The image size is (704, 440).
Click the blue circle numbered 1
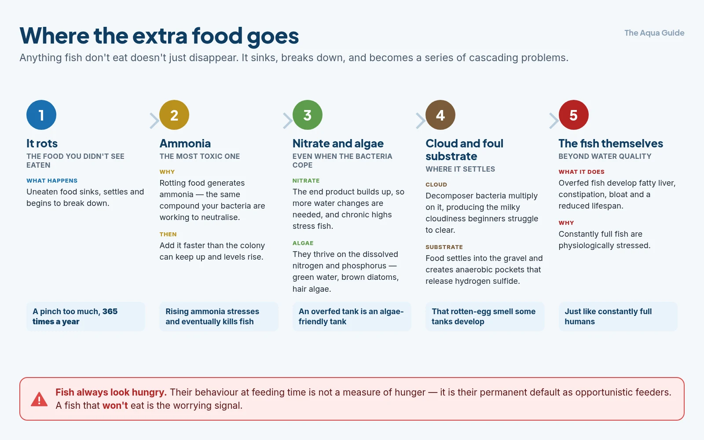(x=41, y=115)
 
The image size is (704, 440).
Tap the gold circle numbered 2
(x=174, y=115)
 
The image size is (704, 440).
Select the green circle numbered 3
(x=308, y=115)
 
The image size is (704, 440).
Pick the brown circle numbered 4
(x=440, y=115)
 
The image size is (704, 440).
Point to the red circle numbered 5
(x=574, y=115)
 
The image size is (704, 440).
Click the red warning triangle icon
(x=39, y=399)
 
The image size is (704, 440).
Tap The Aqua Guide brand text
(x=654, y=33)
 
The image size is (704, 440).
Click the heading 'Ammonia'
(x=185, y=143)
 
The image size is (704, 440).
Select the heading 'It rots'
(x=42, y=143)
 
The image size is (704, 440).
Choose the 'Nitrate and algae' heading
(x=338, y=143)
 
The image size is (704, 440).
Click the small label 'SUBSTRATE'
(x=444, y=247)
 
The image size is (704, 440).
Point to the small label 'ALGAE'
(x=303, y=243)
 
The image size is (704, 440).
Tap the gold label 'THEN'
(x=168, y=234)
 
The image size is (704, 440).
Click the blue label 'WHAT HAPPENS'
(x=52, y=181)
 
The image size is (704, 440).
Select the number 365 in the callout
(x=110, y=312)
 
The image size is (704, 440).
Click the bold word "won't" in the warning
(x=115, y=405)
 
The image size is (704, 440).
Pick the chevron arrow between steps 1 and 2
(x=154, y=121)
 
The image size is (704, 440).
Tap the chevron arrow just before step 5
(x=554, y=121)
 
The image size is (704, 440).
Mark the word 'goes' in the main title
(x=273, y=36)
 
